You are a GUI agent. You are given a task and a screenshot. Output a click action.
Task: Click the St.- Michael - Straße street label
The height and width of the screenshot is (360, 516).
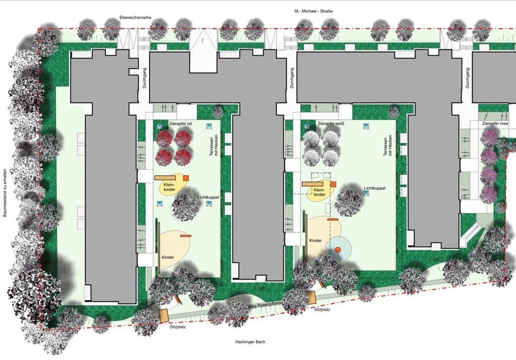(313, 11)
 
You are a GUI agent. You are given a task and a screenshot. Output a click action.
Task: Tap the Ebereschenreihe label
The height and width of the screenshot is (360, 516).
(135, 18)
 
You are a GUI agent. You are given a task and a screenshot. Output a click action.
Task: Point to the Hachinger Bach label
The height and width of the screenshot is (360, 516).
(250, 342)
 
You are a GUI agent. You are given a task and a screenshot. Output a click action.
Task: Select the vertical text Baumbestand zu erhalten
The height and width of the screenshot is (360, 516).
(5, 193)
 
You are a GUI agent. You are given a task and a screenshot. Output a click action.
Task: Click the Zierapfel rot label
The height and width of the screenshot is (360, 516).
(180, 124)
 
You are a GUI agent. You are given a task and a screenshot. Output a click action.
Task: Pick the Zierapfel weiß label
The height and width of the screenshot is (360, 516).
(331, 124)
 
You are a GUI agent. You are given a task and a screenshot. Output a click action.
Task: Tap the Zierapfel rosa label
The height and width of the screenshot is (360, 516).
(495, 124)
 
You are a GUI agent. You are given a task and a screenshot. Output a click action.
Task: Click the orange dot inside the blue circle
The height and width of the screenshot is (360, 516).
(337, 250)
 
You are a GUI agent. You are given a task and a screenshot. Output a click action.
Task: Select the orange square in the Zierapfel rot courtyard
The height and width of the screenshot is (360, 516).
(186, 178)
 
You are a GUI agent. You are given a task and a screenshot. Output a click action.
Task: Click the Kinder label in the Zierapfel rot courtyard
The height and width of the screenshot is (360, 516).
(168, 257)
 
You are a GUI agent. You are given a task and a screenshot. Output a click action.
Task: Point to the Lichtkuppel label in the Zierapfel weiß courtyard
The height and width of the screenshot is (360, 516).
(375, 188)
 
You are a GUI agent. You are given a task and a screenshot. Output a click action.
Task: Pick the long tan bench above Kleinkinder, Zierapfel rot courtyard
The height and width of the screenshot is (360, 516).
(165, 178)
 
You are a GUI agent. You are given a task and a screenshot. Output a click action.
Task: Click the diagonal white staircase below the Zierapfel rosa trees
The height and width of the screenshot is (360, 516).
(471, 232)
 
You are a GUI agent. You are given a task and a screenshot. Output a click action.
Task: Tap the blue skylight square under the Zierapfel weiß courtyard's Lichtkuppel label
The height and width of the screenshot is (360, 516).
(366, 193)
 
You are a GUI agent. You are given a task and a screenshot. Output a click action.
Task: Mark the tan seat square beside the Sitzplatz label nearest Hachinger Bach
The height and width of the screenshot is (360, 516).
(163, 315)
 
